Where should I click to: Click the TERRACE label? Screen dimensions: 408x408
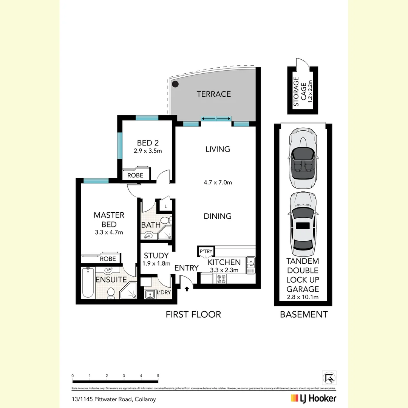(x=213, y=94)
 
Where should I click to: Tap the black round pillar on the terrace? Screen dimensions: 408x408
(x=175, y=85)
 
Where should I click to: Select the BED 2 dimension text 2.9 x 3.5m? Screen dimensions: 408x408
(x=147, y=151)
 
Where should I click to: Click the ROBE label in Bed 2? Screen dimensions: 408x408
(x=135, y=175)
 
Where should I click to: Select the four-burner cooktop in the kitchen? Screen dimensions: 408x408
(x=221, y=279)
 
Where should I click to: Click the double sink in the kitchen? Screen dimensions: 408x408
(x=250, y=264)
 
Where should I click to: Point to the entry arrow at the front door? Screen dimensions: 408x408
(x=187, y=289)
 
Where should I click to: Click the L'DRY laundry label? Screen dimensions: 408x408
(x=163, y=293)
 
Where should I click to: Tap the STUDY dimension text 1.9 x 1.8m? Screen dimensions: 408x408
(x=156, y=264)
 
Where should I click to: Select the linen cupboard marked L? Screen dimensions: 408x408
(x=166, y=206)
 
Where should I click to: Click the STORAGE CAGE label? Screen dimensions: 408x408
(x=300, y=91)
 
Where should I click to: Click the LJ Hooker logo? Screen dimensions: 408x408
(x=313, y=398)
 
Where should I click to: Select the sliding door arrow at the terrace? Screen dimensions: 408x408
(x=216, y=119)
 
